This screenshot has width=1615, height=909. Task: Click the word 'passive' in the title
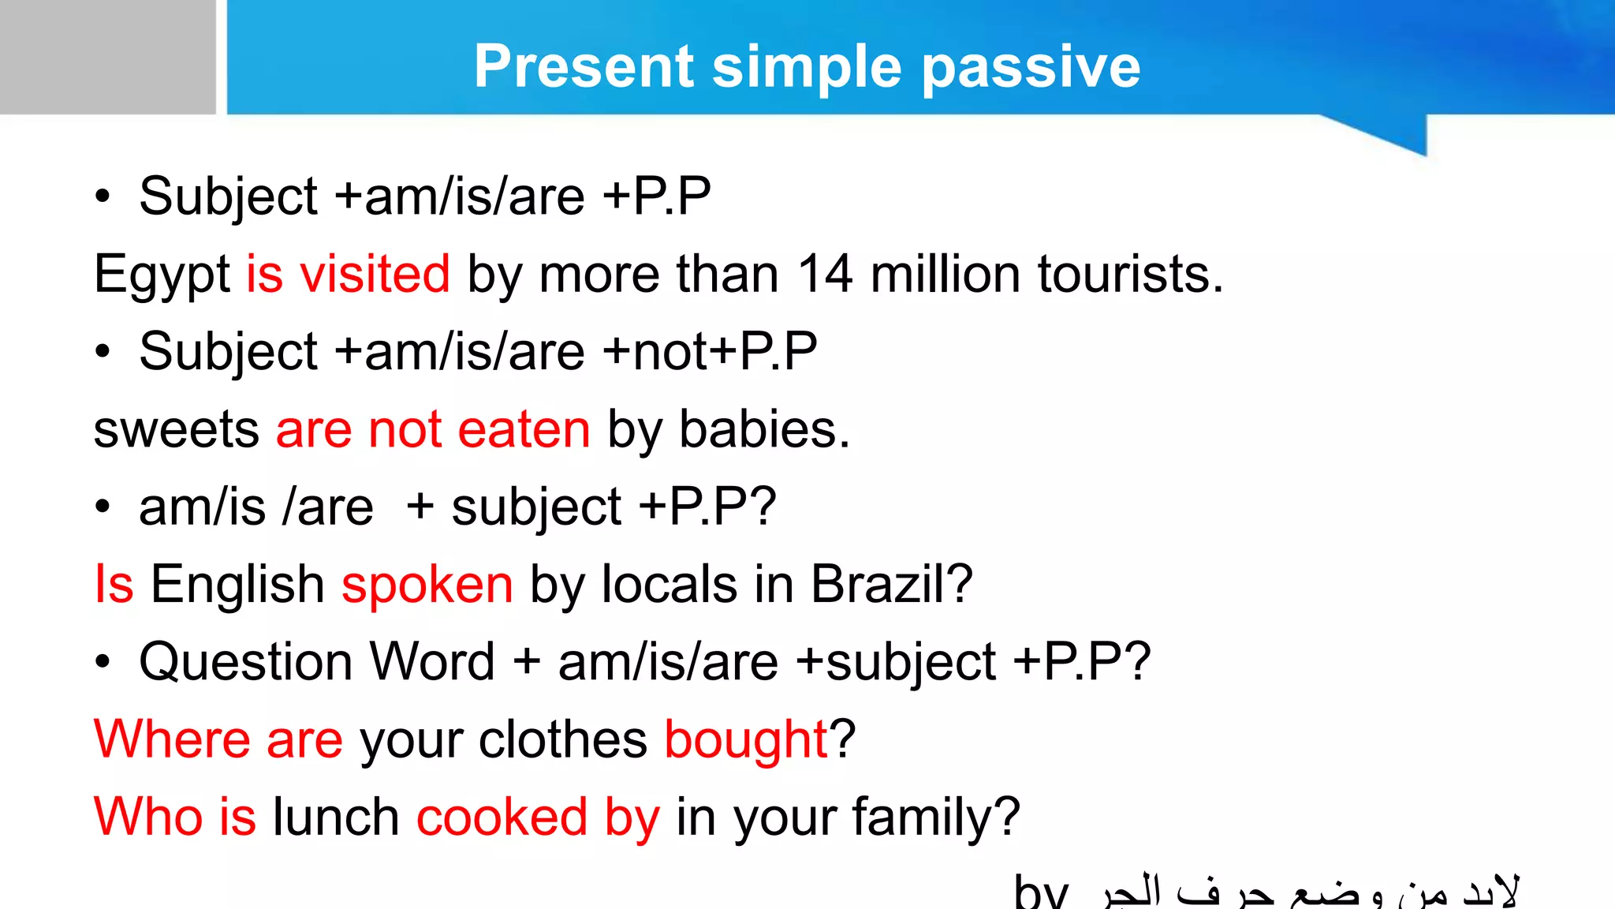pyautogui.click(x=1031, y=68)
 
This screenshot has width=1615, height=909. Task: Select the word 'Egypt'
pyautogui.click(x=162, y=275)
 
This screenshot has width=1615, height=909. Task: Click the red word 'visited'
pyautogui.click(x=375, y=274)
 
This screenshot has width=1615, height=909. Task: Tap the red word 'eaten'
pyautogui.click(x=524, y=430)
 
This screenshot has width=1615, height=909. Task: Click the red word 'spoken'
pyautogui.click(x=427, y=585)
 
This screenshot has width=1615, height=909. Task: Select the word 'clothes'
pyautogui.click(x=562, y=739)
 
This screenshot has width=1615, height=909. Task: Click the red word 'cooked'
pyautogui.click(x=502, y=817)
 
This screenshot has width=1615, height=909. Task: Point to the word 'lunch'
pyautogui.click(x=336, y=817)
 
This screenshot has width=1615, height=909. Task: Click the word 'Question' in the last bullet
pyautogui.click(x=244, y=662)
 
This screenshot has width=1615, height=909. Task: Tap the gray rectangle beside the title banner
pyautogui.click(x=107, y=57)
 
